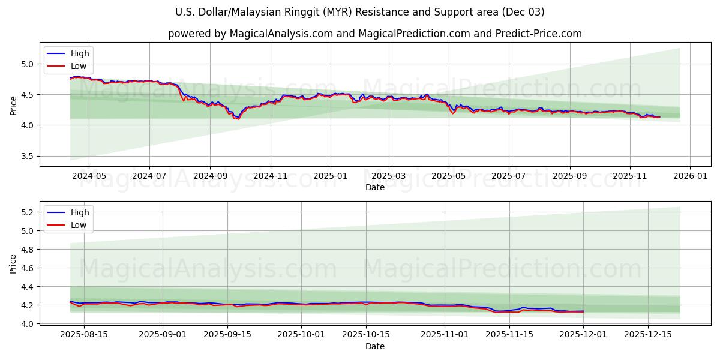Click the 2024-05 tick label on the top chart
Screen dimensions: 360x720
tap(89, 177)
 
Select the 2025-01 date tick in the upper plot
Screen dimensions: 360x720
tap(331, 177)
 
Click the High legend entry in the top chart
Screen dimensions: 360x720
tap(80, 53)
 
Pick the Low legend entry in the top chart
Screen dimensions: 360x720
tap(79, 66)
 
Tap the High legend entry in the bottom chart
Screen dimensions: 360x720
tap(80, 212)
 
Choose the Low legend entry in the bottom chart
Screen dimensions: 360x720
tap(79, 225)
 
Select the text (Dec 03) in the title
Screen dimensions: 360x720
tap(524, 12)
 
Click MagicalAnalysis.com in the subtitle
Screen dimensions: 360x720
tap(281, 34)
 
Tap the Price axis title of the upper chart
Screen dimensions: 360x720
tap(13, 104)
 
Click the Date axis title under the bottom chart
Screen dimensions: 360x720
tap(375, 346)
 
